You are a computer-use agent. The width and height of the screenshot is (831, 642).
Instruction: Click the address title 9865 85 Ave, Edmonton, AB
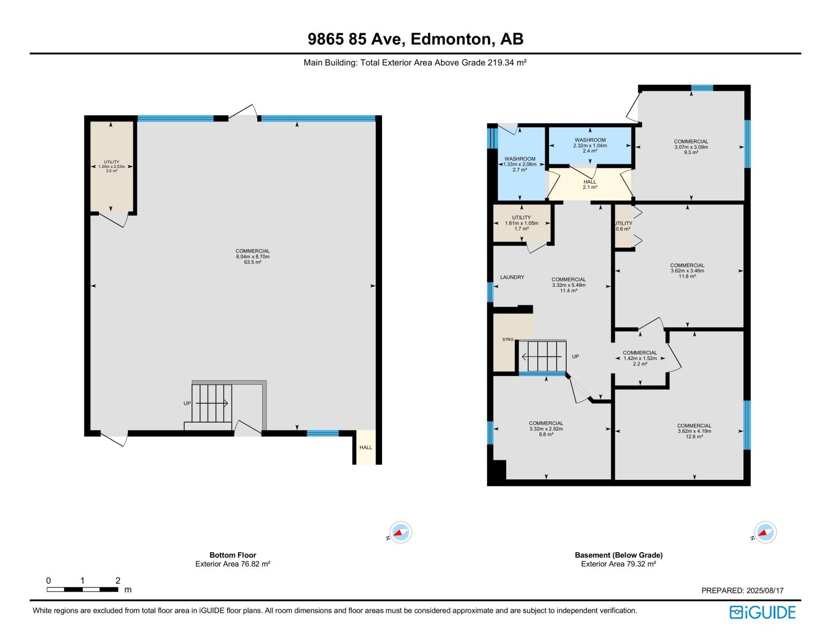point(415,39)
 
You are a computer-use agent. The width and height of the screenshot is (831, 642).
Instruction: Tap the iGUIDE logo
point(762,612)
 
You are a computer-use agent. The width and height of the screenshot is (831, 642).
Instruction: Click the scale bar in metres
point(82,589)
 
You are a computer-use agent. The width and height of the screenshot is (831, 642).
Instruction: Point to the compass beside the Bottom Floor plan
point(400,532)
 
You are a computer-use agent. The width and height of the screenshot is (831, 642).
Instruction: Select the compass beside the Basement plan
point(765,532)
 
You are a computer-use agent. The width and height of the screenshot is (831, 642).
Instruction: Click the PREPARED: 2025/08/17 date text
point(742,591)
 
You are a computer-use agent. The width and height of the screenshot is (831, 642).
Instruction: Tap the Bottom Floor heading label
point(233,555)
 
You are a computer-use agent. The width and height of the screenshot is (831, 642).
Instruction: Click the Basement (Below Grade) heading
point(619,555)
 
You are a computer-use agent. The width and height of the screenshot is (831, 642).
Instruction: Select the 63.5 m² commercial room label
point(253,257)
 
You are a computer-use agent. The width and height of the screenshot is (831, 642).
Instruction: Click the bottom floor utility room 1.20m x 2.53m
point(111,166)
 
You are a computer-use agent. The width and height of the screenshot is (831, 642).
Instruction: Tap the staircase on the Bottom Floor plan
point(212,403)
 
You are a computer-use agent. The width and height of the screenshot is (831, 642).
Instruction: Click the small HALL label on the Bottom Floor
point(365,447)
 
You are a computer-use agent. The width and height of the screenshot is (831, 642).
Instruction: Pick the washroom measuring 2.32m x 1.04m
point(590,146)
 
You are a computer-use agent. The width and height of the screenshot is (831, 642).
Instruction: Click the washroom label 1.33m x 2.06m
point(520,164)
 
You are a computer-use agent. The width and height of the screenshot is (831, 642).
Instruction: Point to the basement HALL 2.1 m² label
point(590,184)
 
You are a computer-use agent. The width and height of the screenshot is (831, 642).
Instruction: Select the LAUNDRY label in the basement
point(512,277)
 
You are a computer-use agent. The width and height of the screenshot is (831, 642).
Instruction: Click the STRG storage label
point(507,340)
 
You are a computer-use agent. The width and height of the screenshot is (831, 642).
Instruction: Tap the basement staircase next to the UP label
point(542,356)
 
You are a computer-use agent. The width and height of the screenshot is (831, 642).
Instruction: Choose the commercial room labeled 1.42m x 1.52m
point(640,358)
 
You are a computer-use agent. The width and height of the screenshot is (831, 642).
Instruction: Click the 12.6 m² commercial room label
point(694,431)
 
